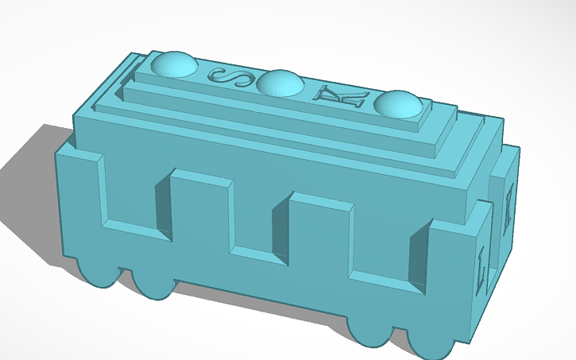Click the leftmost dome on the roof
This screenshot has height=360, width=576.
tap(174, 64)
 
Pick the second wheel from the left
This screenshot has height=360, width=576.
tap(152, 282)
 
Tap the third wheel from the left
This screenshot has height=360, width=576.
tap(371, 332)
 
